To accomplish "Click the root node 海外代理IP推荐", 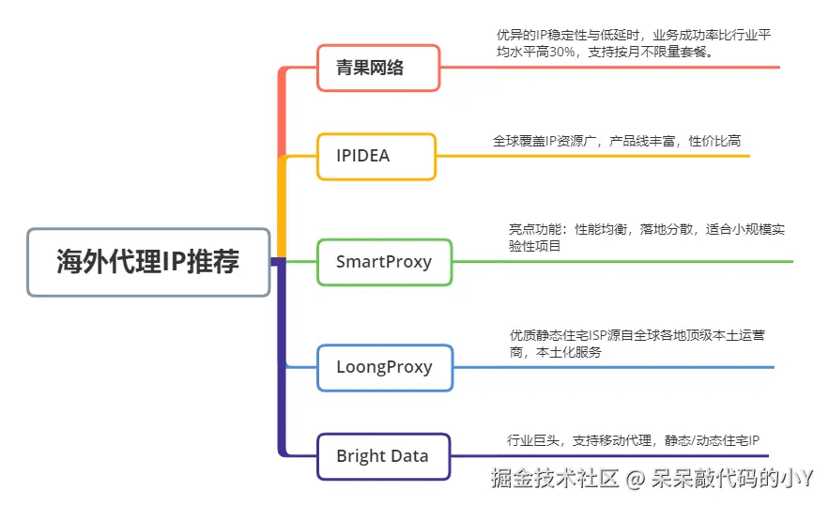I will [x=148, y=262].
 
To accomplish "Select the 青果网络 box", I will [x=377, y=68].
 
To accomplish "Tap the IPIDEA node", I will [x=376, y=156].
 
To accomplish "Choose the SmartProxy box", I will [x=383, y=262].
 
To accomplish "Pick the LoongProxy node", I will [x=383, y=367].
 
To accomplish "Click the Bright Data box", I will [x=382, y=456].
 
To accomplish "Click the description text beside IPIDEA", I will [x=616, y=141].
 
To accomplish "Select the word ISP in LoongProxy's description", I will [x=615, y=334].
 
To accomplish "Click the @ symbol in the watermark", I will [x=636, y=480].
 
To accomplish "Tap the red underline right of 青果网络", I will [x=610, y=68].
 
